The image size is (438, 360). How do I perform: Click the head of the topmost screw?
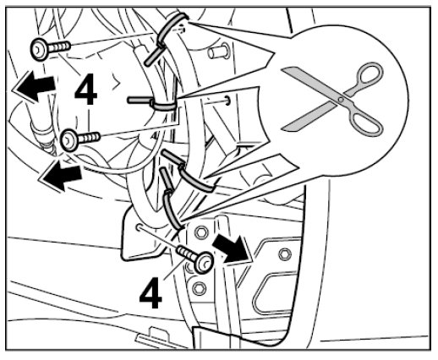pyautogui.click(x=39, y=50)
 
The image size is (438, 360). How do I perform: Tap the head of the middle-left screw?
pyautogui.click(x=69, y=139)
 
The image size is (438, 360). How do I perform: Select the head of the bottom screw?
pyautogui.click(x=204, y=263)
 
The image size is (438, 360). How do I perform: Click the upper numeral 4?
pyautogui.click(x=86, y=89)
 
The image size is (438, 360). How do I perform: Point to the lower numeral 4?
pyautogui.click(x=151, y=293)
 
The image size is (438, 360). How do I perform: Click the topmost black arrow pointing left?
pyautogui.click(x=34, y=85)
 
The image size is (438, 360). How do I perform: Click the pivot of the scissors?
pyautogui.click(x=341, y=99)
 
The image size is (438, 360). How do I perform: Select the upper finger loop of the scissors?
pyautogui.click(x=369, y=74)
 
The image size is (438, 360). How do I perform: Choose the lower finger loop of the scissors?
pyautogui.click(x=365, y=124)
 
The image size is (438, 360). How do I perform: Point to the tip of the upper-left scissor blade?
pyautogui.click(x=282, y=68)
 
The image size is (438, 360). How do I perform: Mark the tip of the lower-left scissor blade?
pyautogui.click(x=283, y=128)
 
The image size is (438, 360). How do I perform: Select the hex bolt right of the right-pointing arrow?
pyautogui.click(x=285, y=254)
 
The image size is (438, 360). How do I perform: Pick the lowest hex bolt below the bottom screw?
pyautogui.click(x=199, y=288)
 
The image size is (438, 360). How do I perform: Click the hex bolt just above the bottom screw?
pyautogui.click(x=201, y=232)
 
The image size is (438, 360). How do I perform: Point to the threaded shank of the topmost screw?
pyautogui.click(x=58, y=46)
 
